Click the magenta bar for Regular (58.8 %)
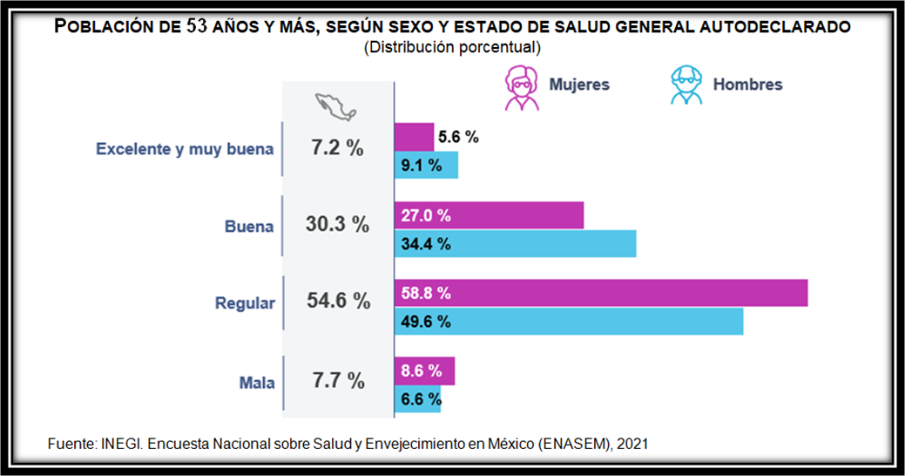(x=601, y=294)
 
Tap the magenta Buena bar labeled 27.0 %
(x=489, y=215)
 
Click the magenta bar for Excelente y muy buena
(x=414, y=137)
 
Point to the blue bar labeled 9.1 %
(x=426, y=165)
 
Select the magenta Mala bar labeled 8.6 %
(x=424, y=371)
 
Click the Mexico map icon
(x=336, y=108)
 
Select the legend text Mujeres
(x=578, y=85)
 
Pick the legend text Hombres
(x=747, y=85)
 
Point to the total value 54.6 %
(x=338, y=302)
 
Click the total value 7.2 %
(x=337, y=148)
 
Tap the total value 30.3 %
(x=337, y=224)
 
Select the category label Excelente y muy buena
(x=185, y=149)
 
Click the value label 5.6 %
(x=458, y=137)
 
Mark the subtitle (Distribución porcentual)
(x=452, y=47)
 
